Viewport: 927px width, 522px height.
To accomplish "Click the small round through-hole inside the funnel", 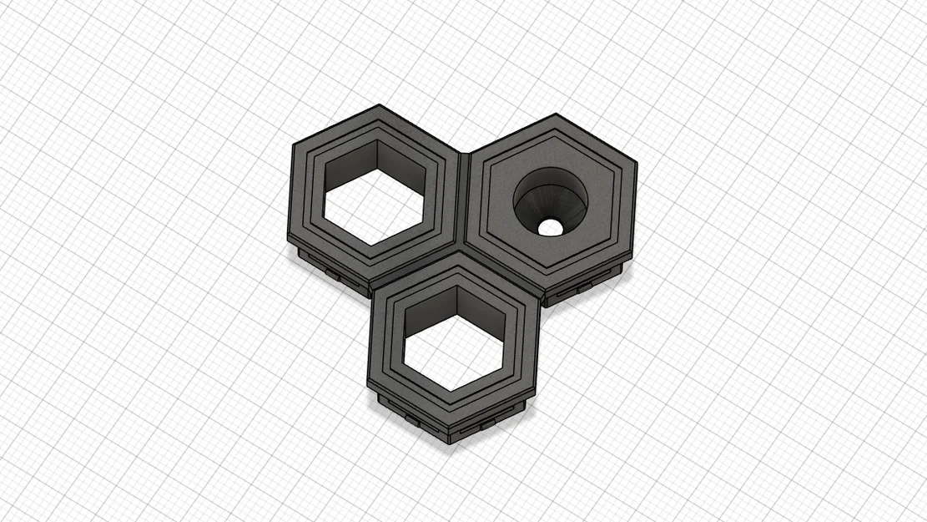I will coord(549,226).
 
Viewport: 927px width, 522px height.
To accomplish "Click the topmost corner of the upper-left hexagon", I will coord(380,105).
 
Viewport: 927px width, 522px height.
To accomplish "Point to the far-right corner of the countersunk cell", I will coord(637,164).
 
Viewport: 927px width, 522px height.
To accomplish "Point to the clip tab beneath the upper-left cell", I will coord(332,272).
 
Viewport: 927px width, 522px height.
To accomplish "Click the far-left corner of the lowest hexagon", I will coord(368,381).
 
